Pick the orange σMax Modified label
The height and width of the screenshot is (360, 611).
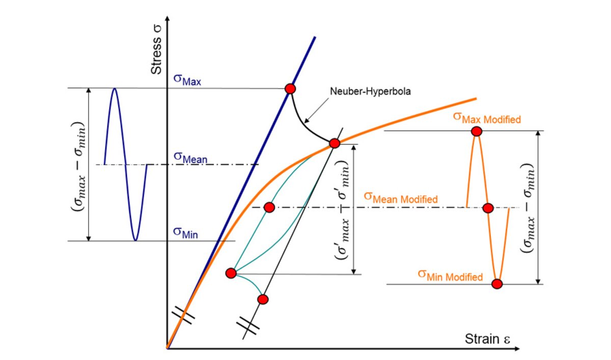pos(487,118)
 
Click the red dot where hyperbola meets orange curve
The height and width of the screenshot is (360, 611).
pos(335,144)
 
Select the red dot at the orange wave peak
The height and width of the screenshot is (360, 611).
pos(477,131)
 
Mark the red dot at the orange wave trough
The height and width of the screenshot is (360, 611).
pos(497,284)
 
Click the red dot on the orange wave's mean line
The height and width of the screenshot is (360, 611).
pos(488,208)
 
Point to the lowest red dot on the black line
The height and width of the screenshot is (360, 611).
pos(263,299)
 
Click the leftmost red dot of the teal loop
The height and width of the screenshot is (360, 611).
pos(230,273)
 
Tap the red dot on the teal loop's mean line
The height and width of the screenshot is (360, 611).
pos(269,207)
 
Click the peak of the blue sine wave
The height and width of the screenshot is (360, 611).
pos(115,89)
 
